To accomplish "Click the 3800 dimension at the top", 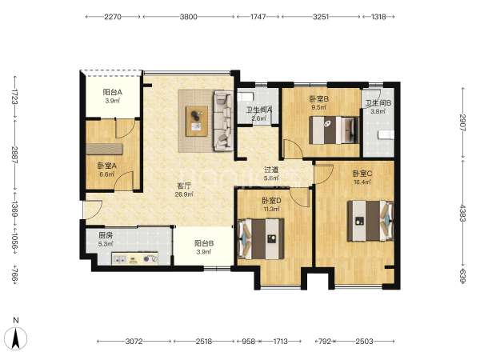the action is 188,17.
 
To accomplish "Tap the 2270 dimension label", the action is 113,17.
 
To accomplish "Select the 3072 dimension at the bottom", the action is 134,341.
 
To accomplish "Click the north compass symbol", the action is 16,338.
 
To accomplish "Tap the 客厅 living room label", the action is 184,186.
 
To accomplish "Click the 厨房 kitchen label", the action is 106,235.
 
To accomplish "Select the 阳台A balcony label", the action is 112,92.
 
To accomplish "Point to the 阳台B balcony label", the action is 204,243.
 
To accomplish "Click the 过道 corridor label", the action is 271,170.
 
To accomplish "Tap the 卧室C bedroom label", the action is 362,174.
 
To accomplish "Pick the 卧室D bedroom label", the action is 271,201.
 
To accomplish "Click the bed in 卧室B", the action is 334,130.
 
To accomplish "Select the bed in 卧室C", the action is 370,221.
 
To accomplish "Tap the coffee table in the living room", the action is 197,121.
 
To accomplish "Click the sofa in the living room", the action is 223,121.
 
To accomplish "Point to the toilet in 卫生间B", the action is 386,134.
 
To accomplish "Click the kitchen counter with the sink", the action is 134,258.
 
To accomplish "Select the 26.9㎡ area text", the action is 184,194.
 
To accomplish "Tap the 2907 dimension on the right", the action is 462,122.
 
